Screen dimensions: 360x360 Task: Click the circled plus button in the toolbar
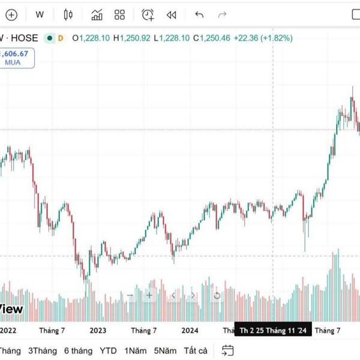[x=11, y=15]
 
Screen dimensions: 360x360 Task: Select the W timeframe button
[x=40, y=15]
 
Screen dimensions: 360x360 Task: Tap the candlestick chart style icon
[x=68, y=15]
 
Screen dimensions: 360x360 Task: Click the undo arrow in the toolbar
[x=200, y=15]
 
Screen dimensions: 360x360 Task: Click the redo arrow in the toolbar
[x=223, y=15]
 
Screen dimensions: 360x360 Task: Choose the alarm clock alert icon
[x=148, y=15]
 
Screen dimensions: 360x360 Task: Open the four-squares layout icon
[x=119, y=15]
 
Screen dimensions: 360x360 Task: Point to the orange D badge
[x=61, y=38]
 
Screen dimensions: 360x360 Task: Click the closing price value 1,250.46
[x=214, y=38]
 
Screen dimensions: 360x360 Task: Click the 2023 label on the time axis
[x=97, y=330]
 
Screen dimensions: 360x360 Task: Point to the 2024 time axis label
[x=190, y=330]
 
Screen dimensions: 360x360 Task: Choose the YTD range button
[x=108, y=350]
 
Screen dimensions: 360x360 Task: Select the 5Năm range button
[x=164, y=350]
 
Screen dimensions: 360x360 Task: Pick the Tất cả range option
[x=196, y=350]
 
